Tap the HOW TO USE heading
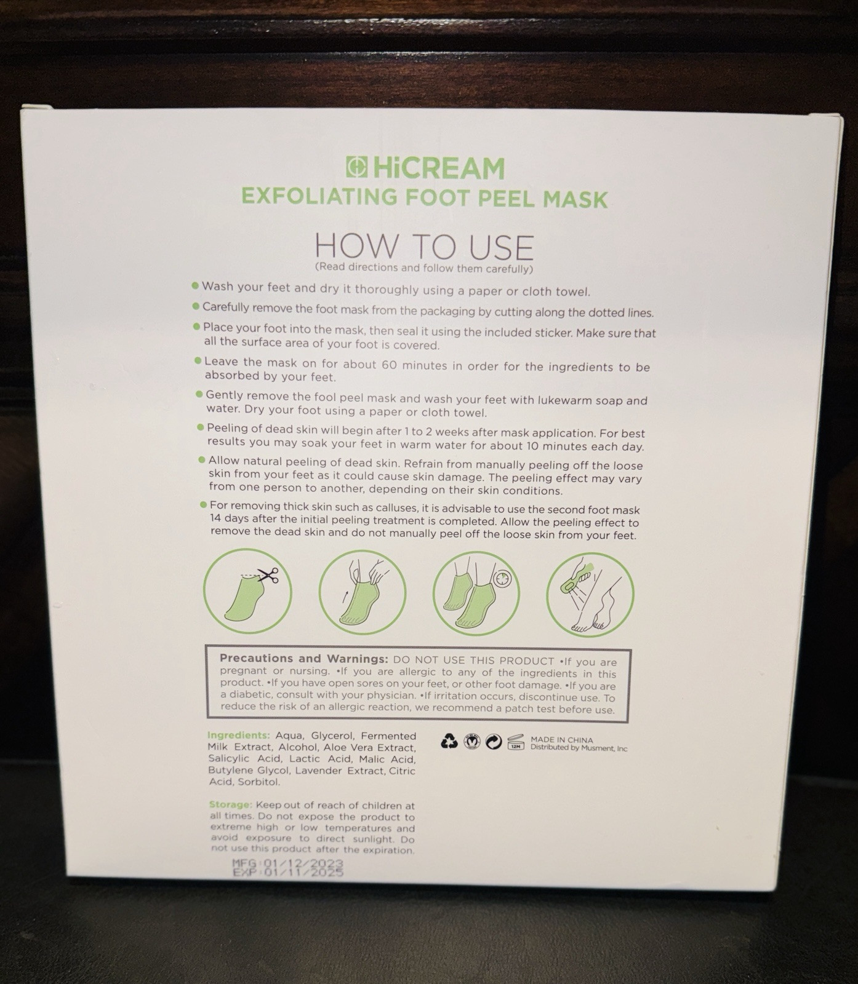(424, 246)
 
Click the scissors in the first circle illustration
(268, 575)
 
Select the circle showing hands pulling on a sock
(362, 593)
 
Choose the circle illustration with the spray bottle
(590, 594)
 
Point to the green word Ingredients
(239, 735)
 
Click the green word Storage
(231, 804)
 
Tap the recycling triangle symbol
(449, 742)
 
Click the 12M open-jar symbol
(515, 742)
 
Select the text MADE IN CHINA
(562, 740)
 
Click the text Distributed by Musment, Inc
(579, 748)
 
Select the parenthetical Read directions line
(423, 268)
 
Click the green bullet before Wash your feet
(195, 285)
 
